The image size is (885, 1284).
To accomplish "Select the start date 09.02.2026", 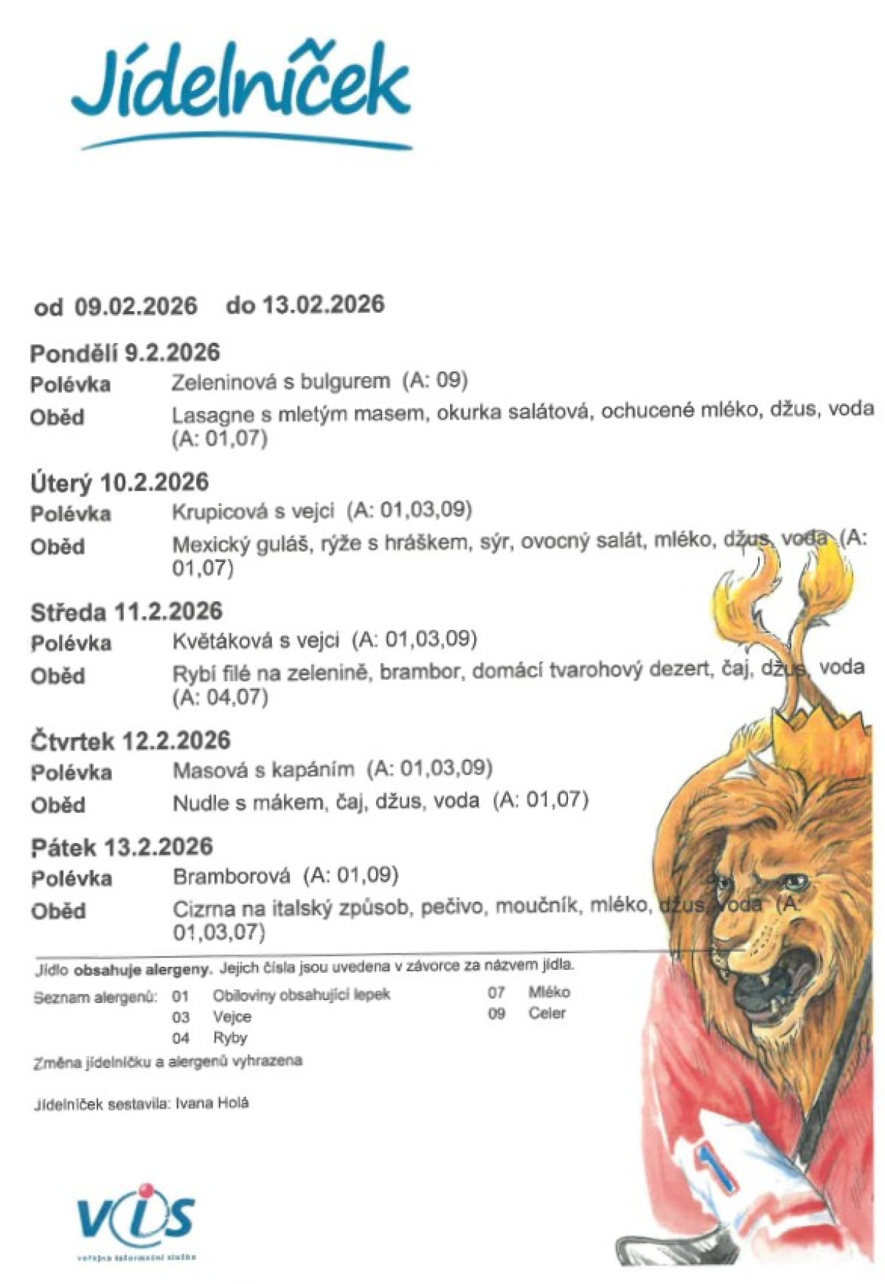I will click(x=136, y=306).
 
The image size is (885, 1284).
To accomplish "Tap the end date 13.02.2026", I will click(x=323, y=304).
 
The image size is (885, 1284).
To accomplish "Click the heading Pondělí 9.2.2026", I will click(x=125, y=353).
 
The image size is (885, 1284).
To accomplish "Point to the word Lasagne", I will click(x=208, y=414).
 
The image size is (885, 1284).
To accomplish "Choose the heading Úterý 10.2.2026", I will click(x=119, y=482).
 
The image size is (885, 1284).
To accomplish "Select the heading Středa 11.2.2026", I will click(x=126, y=611).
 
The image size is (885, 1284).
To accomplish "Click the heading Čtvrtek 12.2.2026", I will click(x=131, y=740).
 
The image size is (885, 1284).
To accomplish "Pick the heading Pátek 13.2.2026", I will click(x=122, y=847).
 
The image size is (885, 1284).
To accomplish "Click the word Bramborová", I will click(x=232, y=876).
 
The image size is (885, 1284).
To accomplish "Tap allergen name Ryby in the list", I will click(x=230, y=1038).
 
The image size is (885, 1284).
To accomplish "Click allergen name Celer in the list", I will click(x=546, y=1013).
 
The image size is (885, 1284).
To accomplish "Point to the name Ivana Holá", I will click(x=212, y=1103).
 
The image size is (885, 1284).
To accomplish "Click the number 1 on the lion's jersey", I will click(x=718, y=1169).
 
